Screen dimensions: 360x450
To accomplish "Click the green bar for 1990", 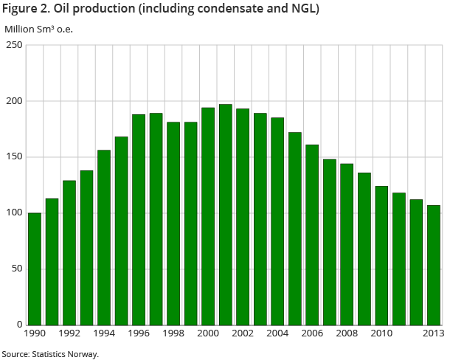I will coord(35,269).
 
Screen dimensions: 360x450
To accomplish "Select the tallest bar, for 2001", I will coord(225,215).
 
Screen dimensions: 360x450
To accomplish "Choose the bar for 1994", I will coord(104,237).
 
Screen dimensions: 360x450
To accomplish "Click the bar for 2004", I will coord(277,221).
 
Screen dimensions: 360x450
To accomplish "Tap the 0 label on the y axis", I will coord(19,325).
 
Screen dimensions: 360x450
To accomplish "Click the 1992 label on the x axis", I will coord(69,334).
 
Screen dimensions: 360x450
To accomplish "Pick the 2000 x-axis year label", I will coord(208,334).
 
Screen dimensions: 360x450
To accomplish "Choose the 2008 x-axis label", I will coord(347,334).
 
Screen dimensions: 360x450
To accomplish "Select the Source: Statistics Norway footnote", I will coord(49,354).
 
